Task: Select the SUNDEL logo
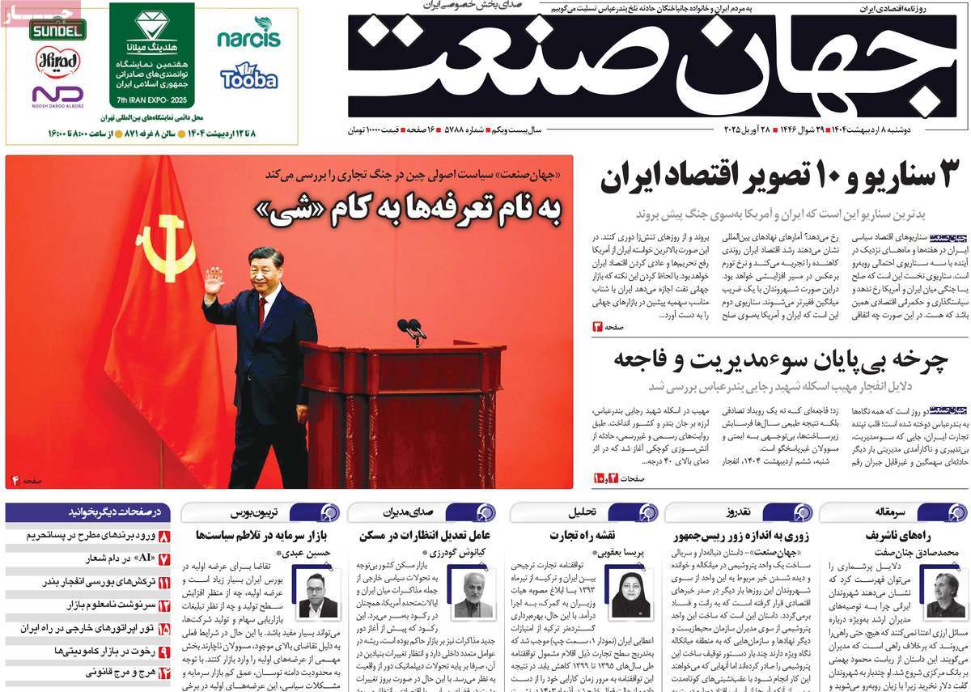click(57, 30)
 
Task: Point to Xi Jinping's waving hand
click(214, 281)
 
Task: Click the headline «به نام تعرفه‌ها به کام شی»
click(409, 210)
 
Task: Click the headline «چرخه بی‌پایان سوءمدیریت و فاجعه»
click(780, 359)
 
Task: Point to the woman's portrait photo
click(630, 595)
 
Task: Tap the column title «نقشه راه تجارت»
click(583, 535)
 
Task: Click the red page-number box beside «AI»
click(163, 558)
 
